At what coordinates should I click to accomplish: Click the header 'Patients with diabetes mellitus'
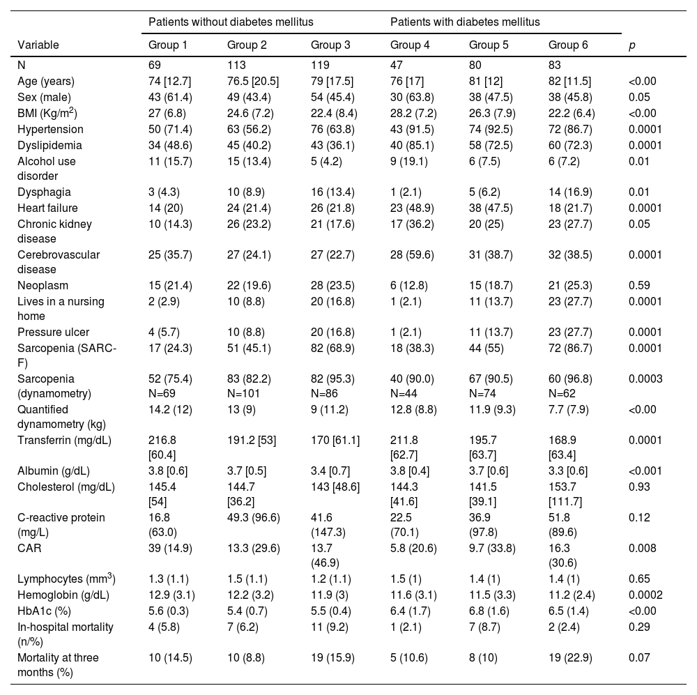[465, 22]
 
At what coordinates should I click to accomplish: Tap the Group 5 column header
[489, 45]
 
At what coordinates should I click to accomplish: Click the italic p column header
[631, 45]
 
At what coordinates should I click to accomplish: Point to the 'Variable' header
[38, 45]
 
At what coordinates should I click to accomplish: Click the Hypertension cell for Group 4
[412, 129]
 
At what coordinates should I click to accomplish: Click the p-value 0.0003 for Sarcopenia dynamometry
[645, 379]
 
